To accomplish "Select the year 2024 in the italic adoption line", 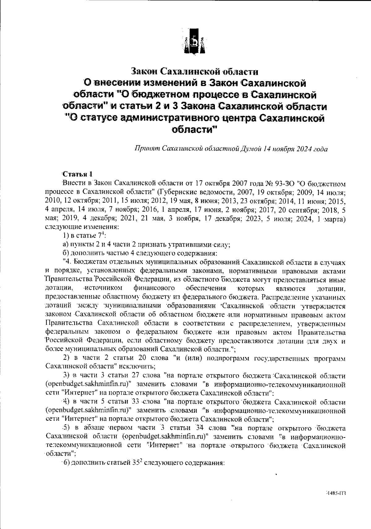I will coord(305,149).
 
